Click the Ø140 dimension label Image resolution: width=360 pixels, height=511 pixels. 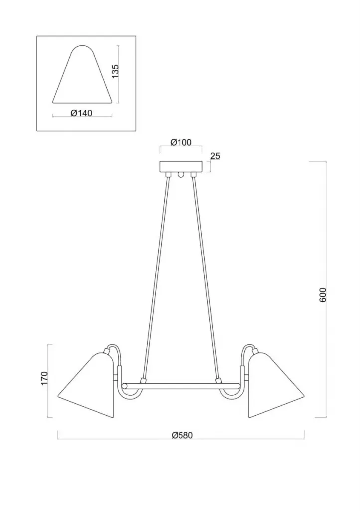(81, 113)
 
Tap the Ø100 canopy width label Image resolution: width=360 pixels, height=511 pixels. (181, 142)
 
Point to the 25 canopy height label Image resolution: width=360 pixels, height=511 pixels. (215, 156)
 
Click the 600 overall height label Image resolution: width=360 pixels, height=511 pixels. (322, 295)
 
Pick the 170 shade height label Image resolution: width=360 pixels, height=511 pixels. (45, 378)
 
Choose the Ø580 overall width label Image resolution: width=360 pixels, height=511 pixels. (182, 435)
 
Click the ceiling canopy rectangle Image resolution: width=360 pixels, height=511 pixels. (180, 167)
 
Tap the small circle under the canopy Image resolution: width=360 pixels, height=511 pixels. (180, 175)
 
